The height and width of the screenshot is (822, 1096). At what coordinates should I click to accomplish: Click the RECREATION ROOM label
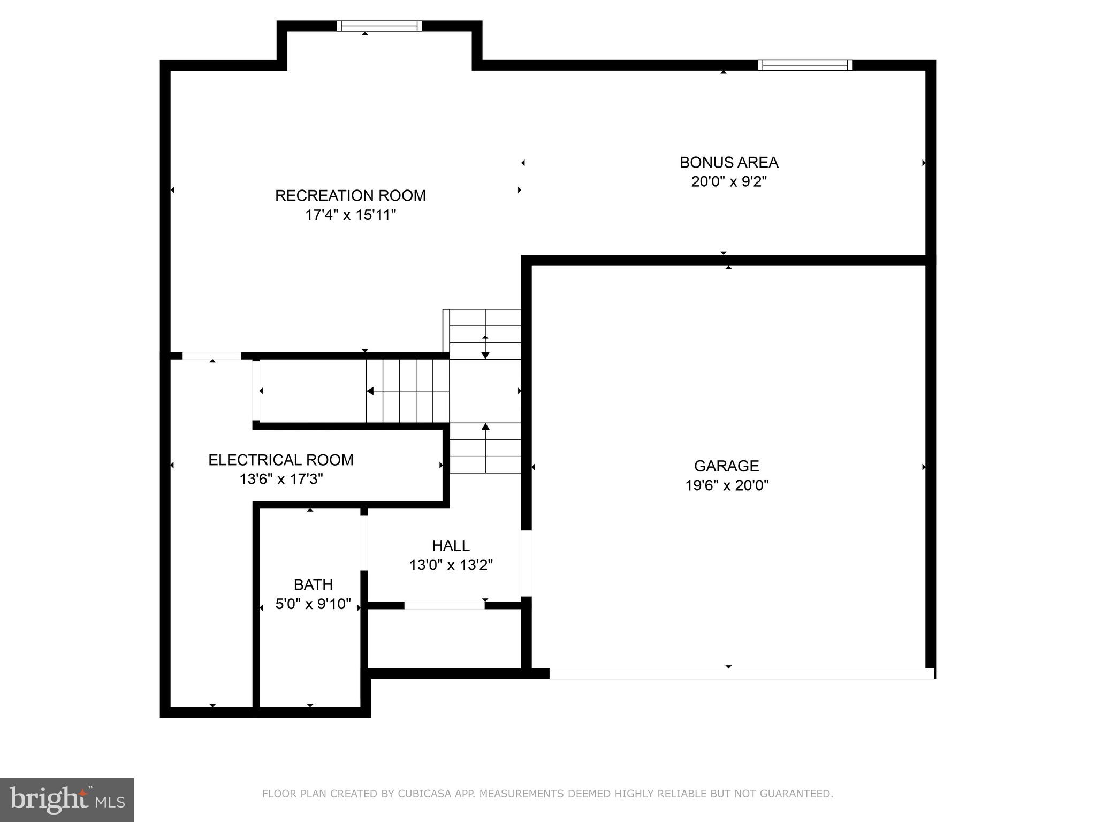350,196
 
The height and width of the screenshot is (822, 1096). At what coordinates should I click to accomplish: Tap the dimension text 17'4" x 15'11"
350,215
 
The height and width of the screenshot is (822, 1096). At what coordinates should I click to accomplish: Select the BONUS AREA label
729,163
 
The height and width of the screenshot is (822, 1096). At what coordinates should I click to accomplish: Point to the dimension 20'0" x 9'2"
729,182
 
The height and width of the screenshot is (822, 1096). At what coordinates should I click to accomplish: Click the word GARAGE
726,466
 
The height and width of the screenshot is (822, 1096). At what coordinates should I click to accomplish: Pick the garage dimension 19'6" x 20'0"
726,485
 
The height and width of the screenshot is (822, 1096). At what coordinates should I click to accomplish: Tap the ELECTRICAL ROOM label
280,460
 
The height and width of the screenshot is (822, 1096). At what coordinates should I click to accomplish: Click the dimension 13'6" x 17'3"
280,479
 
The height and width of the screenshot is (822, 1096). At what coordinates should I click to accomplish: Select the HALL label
451,546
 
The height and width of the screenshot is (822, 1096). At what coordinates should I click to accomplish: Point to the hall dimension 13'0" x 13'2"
451,565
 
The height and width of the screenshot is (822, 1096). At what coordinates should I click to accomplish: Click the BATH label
313,584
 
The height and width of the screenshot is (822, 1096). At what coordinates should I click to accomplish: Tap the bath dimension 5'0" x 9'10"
313,604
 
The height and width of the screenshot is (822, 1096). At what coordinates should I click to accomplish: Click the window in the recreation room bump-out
379,26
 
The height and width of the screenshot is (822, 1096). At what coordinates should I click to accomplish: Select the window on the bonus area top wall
804,65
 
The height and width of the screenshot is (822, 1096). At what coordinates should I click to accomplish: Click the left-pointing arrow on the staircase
370,391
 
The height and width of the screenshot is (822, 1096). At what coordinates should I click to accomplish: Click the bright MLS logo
67,800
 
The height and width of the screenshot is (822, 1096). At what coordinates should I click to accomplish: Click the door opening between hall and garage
527,563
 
